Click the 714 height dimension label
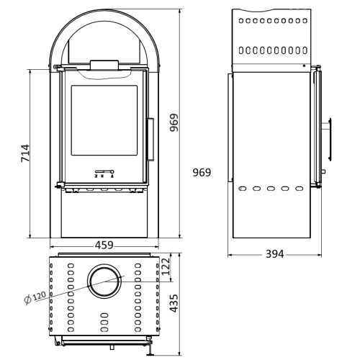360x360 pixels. pos(25,153)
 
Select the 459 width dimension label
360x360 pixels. pos(104,246)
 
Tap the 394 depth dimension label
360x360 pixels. pos(274,254)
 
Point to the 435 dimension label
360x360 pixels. pos(174,303)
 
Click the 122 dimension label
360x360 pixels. pos(166,266)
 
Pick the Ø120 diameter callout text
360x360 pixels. pos(35,297)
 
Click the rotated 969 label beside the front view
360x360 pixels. pos(174,122)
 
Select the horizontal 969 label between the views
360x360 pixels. pos(202,172)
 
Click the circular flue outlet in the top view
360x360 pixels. pos(104,282)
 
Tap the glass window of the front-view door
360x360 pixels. pos(104,120)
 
